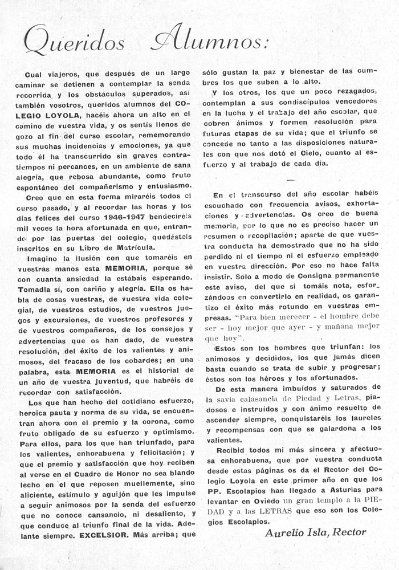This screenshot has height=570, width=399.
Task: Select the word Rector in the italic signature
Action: click(349, 532)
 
